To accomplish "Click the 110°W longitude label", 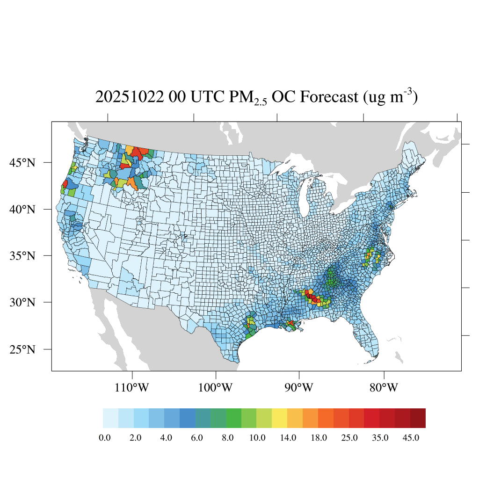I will [132, 388].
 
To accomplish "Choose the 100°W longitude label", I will [216, 388].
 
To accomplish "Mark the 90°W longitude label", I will [299, 388].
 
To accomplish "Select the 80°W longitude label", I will [384, 388].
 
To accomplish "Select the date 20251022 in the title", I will [129, 97].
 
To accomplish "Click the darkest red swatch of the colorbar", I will [418, 418].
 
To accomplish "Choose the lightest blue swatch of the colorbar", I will [110, 418].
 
